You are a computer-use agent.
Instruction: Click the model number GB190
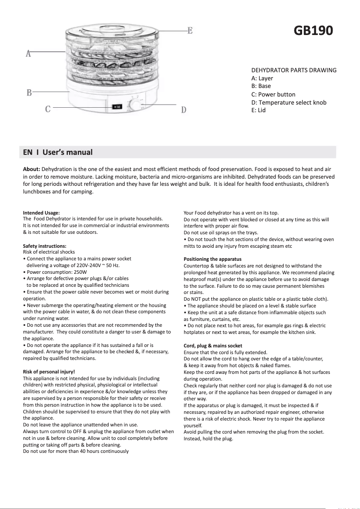pyautogui.click(x=313, y=31)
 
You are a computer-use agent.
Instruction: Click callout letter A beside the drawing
pyautogui.click(x=28, y=54)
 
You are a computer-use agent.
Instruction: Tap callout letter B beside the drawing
pyautogui.click(x=29, y=93)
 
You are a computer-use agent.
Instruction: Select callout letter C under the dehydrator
pyautogui.click(x=48, y=109)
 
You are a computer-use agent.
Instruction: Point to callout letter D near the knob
pyautogui.click(x=184, y=110)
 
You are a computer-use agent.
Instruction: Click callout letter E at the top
pyautogui.click(x=190, y=31)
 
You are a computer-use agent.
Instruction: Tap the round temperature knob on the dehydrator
pyautogui.click(x=134, y=106)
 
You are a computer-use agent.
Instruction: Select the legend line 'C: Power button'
pyautogui.click(x=273, y=94)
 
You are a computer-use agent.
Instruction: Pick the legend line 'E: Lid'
pyautogui.click(x=259, y=110)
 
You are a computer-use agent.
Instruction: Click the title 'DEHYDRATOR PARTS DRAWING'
pyautogui.click(x=294, y=70)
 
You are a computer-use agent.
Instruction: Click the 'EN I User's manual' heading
pyautogui.click(x=58, y=152)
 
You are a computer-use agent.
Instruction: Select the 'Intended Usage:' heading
pyautogui.click(x=41, y=213)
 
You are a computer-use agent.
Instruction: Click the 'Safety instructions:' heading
pyautogui.click(x=44, y=246)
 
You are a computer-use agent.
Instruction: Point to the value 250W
pyautogui.click(x=79, y=272)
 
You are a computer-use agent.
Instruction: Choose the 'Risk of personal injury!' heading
pyautogui.click(x=49, y=372)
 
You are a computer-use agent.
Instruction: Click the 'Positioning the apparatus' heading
pyautogui.click(x=212, y=259)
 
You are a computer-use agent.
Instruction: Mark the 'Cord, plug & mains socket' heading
pyautogui.click(x=213, y=346)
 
